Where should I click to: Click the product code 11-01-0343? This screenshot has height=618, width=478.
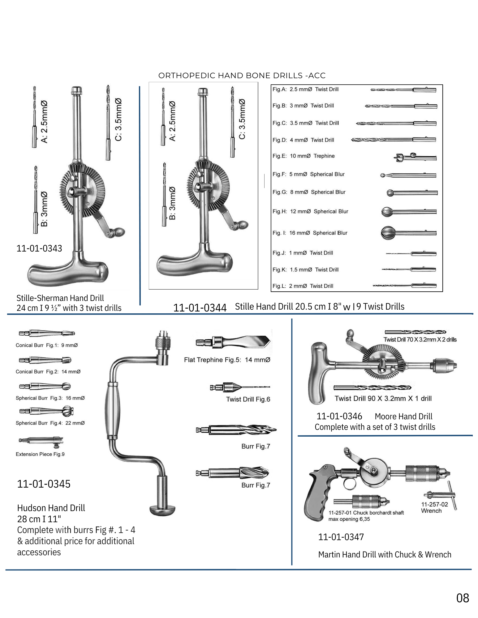[39, 248]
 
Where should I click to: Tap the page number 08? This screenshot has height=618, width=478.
[463, 598]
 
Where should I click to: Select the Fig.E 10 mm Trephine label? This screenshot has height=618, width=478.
[304, 156]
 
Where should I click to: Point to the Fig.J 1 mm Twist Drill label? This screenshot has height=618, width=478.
[303, 253]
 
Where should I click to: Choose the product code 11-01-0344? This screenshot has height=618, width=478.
[200, 308]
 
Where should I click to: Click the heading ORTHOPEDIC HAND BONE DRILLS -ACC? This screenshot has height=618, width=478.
[242, 76]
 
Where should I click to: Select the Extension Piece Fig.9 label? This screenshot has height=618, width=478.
[40, 454]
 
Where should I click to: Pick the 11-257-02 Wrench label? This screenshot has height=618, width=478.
[434, 507]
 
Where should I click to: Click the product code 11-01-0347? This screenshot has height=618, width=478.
[341, 537]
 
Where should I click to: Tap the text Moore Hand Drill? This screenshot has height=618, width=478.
[403, 417]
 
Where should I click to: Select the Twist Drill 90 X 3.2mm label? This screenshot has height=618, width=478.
[383, 399]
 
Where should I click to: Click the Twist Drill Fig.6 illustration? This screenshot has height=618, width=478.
[239, 387]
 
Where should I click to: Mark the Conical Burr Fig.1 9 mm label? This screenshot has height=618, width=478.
[47, 345]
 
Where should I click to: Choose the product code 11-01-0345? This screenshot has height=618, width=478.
[44, 484]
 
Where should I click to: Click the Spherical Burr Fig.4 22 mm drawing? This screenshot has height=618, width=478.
[46, 411]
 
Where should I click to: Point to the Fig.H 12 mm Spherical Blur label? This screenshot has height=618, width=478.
[310, 212]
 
